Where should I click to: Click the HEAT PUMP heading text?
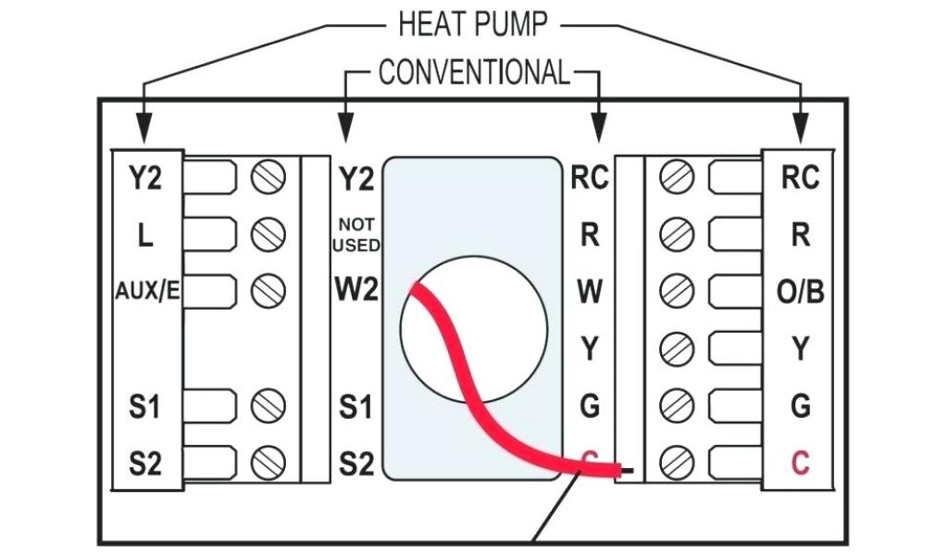pos(472,24)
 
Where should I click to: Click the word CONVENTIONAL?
pos(474,72)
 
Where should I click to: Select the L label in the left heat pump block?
pos(144,235)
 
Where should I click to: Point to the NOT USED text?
pos(356,235)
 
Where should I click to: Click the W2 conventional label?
pos(356,291)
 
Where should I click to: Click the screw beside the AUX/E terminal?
pos(268,290)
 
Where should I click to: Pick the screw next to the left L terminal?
pos(268,233)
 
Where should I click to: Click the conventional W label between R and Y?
pos(590,291)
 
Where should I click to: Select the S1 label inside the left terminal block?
pos(144,405)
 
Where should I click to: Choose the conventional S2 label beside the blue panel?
pos(356,461)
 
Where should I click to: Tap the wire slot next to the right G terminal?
pos(732,404)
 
